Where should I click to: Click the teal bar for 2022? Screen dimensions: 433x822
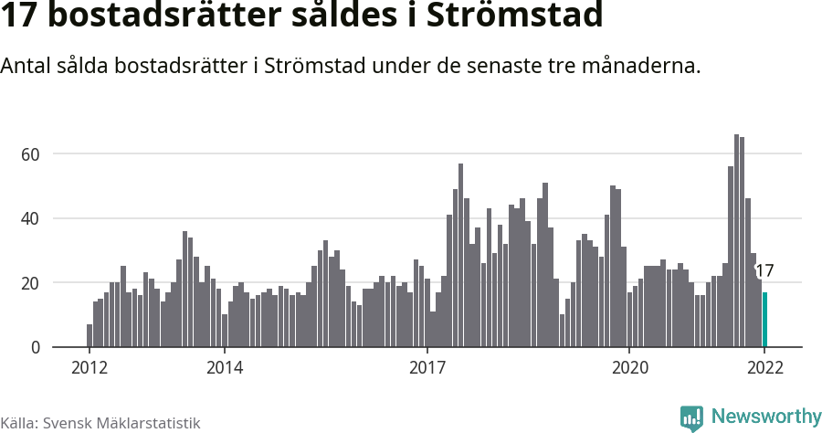(x=764, y=320)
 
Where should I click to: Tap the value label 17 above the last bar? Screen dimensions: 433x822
(x=764, y=270)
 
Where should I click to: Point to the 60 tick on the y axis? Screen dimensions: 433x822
(x=31, y=154)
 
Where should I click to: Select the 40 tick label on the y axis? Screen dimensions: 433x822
(x=31, y=218)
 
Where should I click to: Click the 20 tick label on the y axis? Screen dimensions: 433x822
(x=31, y=283)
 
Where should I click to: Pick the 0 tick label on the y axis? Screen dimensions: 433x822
(x=36, y=348)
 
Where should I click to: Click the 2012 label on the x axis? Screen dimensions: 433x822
(x=89, y=367)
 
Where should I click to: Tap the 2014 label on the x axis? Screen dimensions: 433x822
(x=224, y=367)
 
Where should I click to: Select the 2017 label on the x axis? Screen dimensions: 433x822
(x=427, y=367)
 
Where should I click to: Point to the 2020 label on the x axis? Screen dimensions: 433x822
(x=629, y=367)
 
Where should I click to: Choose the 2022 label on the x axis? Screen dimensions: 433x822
(x=764, y=367)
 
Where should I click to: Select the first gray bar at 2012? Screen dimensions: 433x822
(x=90, y=335)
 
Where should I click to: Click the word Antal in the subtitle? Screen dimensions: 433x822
(x=26, y=67)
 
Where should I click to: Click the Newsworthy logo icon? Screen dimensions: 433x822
(x=691, y=417)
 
